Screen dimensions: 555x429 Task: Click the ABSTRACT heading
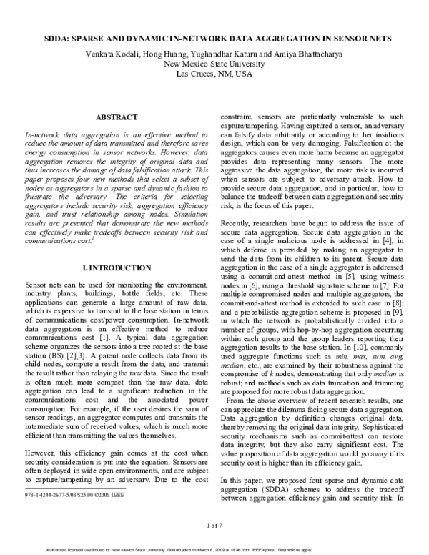point(117,115)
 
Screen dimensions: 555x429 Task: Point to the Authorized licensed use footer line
point(214,549)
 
